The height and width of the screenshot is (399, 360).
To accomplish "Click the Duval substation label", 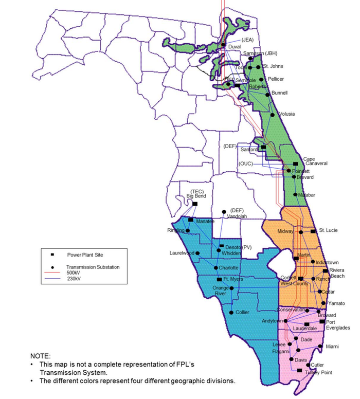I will (235, 47).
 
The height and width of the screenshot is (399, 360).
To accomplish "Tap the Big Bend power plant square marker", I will (195, 204).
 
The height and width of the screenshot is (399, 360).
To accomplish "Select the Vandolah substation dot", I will (224, 212).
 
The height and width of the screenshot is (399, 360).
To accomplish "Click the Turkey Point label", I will (316, 372).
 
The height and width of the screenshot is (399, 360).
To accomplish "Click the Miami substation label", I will (332, 347).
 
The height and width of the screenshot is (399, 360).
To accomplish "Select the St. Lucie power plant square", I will (313, 231).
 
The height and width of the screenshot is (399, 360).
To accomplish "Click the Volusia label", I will (286, 114).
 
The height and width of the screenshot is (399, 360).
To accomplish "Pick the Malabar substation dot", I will (295, 195).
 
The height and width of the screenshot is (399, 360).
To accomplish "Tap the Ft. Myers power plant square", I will (219, 279).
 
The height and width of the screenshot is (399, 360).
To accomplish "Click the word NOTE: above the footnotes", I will (41, 355).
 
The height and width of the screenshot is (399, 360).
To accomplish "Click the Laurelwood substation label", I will (182, 253).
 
